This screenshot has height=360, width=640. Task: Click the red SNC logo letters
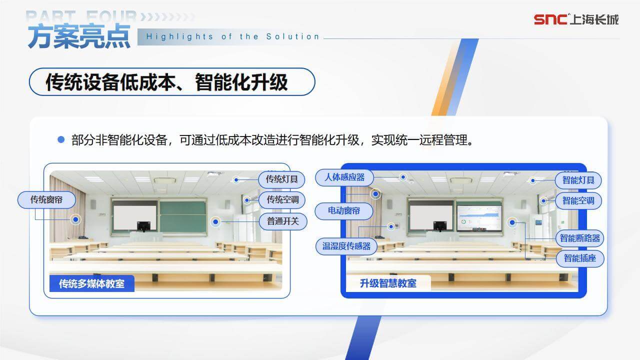click(550, 19)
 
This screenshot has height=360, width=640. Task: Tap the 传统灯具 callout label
click(281, 179)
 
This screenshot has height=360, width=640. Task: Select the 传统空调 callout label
click(282, 199)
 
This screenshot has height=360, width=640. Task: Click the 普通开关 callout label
click(283, 221)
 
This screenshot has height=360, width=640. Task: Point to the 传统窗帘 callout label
click(46, 199)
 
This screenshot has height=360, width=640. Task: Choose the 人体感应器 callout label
click(344, 177)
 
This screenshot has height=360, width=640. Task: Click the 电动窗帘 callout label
click(343, 211)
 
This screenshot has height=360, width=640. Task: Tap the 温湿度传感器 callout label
click(346, 246)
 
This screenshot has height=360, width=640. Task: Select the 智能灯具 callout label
click(578, 180)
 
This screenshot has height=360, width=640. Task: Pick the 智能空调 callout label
click(578, 201)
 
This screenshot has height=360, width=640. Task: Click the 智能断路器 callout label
click(579, 238)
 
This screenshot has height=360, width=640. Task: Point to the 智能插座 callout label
click(580, 258)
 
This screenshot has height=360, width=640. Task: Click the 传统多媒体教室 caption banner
click(91, 283)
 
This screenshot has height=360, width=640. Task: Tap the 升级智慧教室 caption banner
click(388, 283)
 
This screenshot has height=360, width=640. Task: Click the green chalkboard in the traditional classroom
click(183, 216)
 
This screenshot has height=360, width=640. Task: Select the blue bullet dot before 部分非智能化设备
click(61, 139)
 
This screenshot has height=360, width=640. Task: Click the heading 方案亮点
click(79, 36)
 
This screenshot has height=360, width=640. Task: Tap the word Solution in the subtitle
click(292, 36)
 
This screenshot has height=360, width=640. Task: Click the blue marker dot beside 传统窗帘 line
click(75, 219)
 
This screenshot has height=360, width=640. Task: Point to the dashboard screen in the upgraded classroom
click(479, 218)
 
